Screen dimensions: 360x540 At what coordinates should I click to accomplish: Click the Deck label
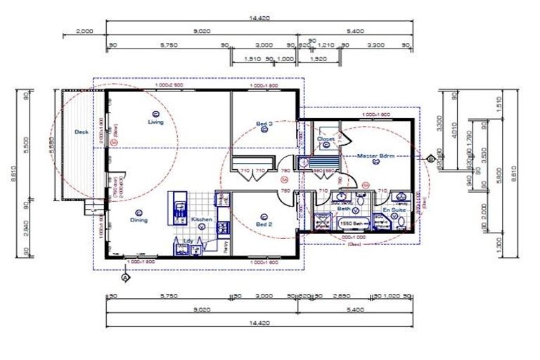(x=82, y=131)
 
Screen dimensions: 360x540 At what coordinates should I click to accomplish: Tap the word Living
(x=155, y=122)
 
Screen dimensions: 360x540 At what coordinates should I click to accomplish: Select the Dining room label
(x=139, y=220)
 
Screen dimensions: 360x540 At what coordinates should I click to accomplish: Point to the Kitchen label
(x=202, y=219)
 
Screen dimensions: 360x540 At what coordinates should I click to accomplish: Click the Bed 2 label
(x=264, y=224)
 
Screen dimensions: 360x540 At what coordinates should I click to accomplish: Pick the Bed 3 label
(x=264, y=124)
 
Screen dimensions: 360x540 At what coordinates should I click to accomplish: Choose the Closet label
(x=326, y=139)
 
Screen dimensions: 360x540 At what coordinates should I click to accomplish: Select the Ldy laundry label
(x=188, y=240)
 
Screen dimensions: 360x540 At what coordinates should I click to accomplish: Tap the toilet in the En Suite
(x=400, y=223)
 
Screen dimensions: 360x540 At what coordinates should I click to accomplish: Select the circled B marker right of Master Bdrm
(x=430, y=159)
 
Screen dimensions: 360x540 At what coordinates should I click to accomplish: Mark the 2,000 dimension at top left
(x=84, y=32)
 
